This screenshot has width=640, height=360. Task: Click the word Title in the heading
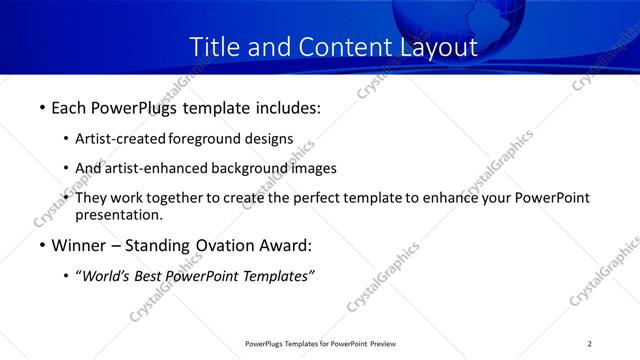pyautogui.click(x=212, y=46)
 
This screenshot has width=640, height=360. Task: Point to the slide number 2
pyautogui.click(x=590, y=344)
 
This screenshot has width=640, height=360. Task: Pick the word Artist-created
pyautogui.click(x=121, y=139)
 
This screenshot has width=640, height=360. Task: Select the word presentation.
pyautogui.click(x=118, y=214)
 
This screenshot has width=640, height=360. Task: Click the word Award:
pyautogui.click(x=284, y=245)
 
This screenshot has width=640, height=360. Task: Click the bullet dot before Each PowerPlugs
pyautogui.click(x=42, y=107)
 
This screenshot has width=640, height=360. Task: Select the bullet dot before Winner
pyautogui.click(x=42, y=246)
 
